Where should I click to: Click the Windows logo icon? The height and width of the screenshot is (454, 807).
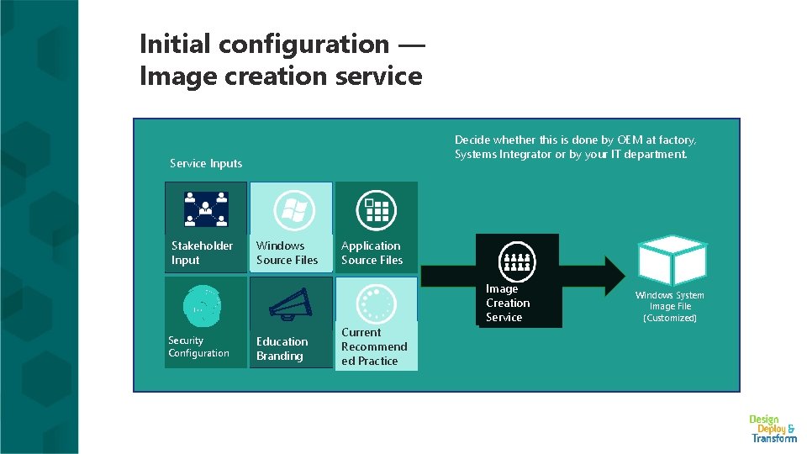(294, 210)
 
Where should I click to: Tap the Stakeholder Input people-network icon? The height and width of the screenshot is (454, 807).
(206, 209)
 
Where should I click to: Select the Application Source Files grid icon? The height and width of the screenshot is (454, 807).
(376, 209)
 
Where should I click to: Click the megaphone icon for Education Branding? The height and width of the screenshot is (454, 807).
(291, 304)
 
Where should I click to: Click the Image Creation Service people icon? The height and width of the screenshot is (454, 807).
(517, 261)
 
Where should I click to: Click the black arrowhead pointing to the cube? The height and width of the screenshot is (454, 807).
(609, 274)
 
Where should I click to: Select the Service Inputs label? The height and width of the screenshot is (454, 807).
(206, 163)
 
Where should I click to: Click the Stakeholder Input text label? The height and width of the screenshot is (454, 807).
(202, 253)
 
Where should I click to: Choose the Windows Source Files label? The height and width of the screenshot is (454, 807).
(287, 253)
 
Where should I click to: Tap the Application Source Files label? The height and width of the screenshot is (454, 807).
(372, 253)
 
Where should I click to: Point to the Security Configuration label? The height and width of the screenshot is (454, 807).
(198, 347)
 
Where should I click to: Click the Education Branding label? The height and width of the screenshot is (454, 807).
(282, 349)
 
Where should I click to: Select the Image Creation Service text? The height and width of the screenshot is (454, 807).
(508, 303)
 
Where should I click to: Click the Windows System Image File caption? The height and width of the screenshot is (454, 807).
(670, 307)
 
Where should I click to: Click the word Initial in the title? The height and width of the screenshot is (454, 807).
(177, 43)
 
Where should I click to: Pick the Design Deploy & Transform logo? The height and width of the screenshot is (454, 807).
(773, 428)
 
